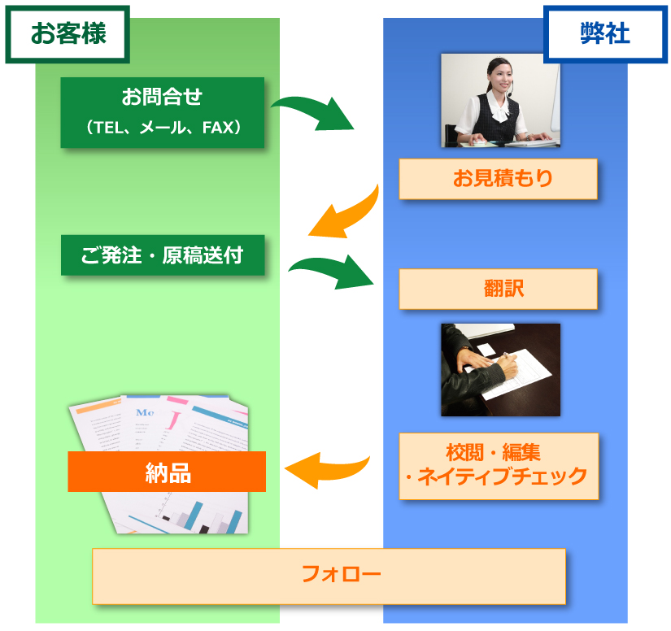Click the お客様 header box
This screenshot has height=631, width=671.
[68, 34]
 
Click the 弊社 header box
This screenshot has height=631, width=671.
[605, 34]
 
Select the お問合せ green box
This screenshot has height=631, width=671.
[163, 112]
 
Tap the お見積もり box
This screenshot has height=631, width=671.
[498, 179]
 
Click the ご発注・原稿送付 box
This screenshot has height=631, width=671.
[163, 255]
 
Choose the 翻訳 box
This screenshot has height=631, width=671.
[498, 289]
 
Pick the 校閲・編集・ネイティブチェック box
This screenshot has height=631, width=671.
[498, 465]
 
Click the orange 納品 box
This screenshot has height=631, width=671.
[167, 472]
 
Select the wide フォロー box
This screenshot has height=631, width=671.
[329, 576]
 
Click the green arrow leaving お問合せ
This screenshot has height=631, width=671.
[313, 113]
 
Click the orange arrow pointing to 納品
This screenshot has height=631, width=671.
[325, 469]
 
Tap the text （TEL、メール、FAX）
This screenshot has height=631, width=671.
[163, 128]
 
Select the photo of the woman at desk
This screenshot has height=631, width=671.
[500, 100]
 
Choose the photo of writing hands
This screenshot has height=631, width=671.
[500, 369]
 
